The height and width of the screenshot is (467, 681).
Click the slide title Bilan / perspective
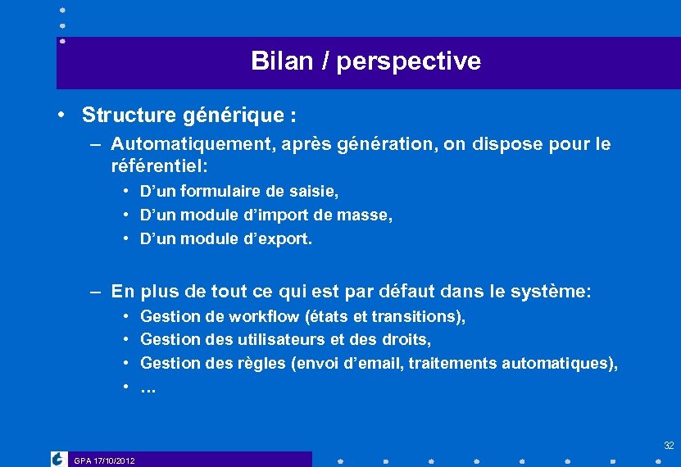coord(365,61)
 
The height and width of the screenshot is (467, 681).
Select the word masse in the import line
coord(370,215)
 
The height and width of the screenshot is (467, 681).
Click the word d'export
coord(282,239)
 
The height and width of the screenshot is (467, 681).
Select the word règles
coord(262,363)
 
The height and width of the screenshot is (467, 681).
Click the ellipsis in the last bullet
coord(148,388)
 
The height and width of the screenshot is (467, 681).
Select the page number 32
coord(669,446)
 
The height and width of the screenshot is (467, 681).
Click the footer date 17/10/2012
coord(115,460)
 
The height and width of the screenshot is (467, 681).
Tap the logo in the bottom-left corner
coord(59,459)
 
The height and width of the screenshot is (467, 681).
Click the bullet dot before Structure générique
coord(61,114)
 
